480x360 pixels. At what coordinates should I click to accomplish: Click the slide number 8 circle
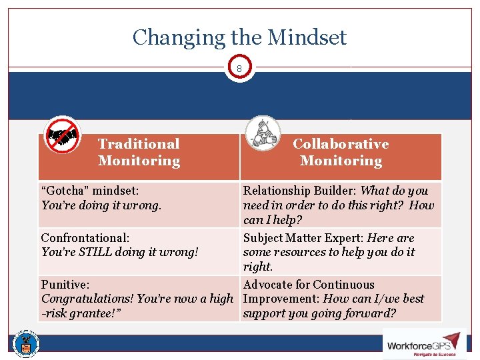coord(239,68)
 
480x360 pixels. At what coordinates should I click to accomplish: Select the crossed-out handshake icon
coord(62,135)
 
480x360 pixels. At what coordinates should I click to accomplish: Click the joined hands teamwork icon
coord(262,133)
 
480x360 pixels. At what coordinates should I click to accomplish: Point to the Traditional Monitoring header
coord(139,152)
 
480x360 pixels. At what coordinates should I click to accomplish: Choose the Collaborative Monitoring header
coord(341,152)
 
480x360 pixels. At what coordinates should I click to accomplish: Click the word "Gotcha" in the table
coord(67,191)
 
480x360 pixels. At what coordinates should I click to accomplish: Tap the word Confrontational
coord(85,238)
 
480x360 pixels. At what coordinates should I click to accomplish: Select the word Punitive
coord(65,285)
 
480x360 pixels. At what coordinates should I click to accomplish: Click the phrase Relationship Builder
coord(300,191)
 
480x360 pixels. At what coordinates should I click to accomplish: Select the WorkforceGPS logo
coord(424,344)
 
